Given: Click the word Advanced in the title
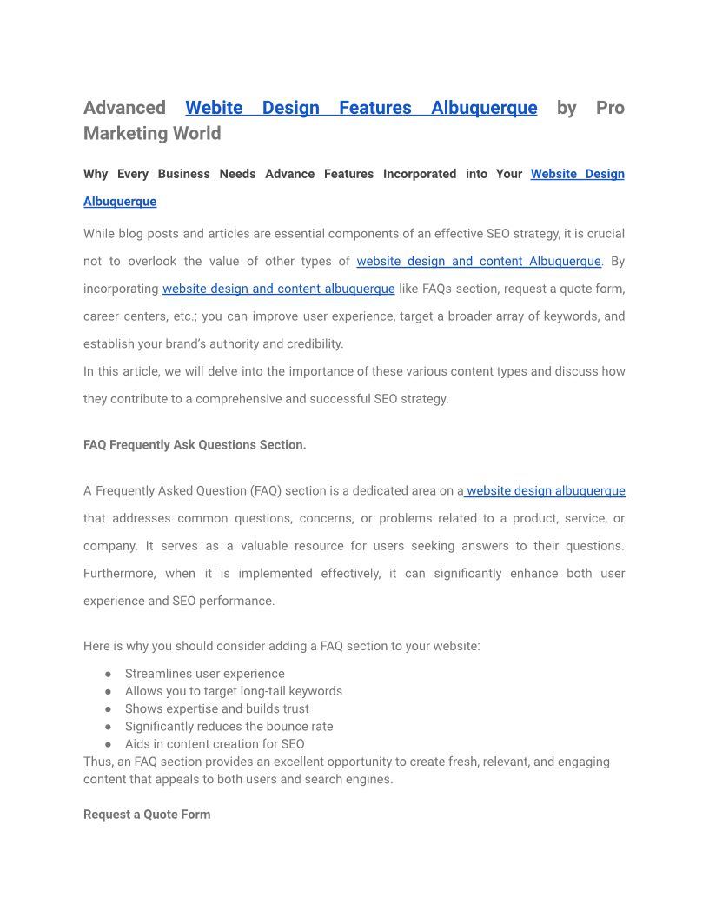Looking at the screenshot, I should [124, 108].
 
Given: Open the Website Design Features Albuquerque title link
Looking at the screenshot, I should [361, 108].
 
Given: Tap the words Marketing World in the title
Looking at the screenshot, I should [152, 133].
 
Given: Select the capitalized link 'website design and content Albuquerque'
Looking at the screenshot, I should [478, 261].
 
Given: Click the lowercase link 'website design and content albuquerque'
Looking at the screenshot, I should [278, 289].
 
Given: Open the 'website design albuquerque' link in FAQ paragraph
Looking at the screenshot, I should [546, 490].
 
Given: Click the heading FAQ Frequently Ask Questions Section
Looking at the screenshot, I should [195, 444].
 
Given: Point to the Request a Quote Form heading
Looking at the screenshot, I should [147, 815].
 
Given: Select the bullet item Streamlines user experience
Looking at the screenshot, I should [204, 674].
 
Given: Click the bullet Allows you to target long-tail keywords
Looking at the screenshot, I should [233, 691].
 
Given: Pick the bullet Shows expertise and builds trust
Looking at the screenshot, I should [216, 708].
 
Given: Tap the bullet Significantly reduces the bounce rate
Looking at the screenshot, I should [229, 726].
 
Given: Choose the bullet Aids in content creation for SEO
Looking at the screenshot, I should [214, 743].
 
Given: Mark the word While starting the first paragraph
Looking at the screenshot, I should [100, 233].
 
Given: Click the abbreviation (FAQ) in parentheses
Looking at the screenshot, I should [266, 490].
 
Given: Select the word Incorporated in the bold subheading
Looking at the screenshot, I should [418, 174].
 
